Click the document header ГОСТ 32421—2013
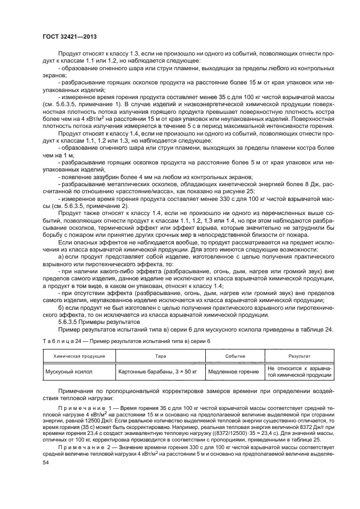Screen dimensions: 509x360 66,37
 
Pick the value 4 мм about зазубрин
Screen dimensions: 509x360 143,177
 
